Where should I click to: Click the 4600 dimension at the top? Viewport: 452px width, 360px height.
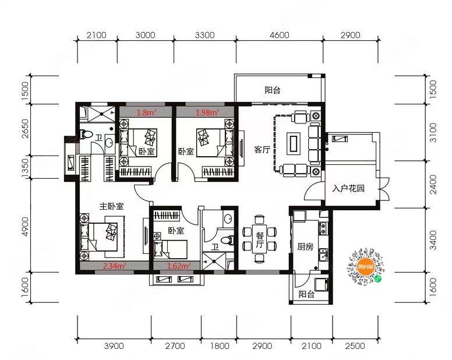[280, 35]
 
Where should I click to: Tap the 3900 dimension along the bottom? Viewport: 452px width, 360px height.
[114, 346]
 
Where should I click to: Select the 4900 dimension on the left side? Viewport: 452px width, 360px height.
[26, 227]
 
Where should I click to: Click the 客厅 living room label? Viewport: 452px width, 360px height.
[262, 150]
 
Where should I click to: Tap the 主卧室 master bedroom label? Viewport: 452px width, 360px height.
[111, 206]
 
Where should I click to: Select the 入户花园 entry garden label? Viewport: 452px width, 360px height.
[348, 189]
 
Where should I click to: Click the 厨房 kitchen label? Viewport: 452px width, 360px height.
[305, 247]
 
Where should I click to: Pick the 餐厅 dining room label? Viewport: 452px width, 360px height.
[260, 240]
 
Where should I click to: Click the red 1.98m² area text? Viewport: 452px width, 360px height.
[207, 112]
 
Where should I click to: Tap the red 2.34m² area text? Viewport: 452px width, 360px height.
[114, 266]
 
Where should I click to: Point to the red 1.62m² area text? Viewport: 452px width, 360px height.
[179, 266]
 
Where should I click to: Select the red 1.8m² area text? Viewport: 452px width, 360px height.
[146, 112]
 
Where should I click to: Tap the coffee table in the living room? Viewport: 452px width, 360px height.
[294, 143]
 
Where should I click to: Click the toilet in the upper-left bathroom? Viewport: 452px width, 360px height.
[86, 134]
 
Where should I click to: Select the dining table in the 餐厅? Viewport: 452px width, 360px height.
[260, 238]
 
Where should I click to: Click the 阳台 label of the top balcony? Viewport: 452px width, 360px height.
[273, 90]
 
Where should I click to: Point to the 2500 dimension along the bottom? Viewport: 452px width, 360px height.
[355, 346]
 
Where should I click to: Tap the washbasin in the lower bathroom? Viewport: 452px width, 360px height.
[228, 219]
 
